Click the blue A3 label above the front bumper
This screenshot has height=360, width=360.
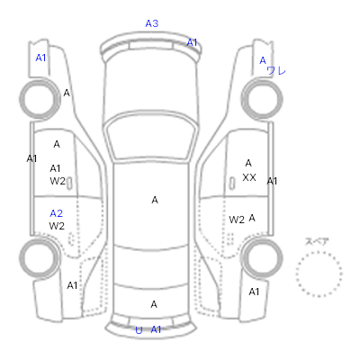point(152,23)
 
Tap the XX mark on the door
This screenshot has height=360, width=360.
point(249,177)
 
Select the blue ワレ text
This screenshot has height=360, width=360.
point(276,71)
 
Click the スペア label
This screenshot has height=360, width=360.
point(317,241)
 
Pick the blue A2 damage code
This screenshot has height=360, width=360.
point(57,213)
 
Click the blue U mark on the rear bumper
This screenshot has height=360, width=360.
point(139,330)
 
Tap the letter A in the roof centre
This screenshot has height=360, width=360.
point(155,200)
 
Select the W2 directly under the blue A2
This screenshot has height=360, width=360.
point(57,226)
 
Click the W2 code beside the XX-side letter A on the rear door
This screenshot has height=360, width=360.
point(237,220)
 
